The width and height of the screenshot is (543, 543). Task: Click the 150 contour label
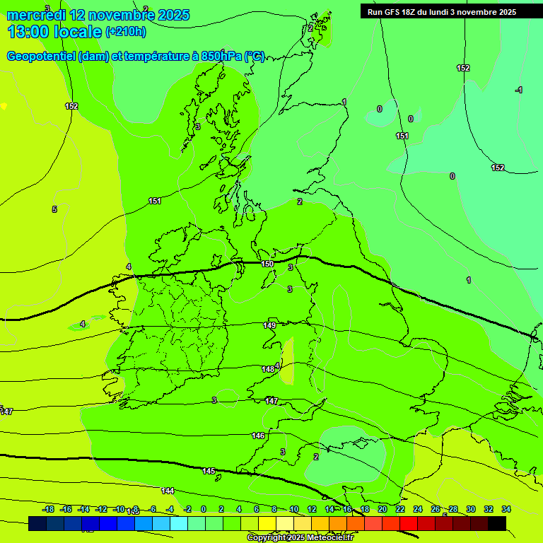(267, 264)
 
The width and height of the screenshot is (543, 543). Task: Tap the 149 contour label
(269, 325)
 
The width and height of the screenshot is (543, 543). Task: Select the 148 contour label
(268, 369)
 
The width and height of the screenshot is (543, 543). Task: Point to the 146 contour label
(258, 436)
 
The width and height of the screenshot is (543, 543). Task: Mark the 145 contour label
(209, 471)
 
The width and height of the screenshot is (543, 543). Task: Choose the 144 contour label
(168, 490)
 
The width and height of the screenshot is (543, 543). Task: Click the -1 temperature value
(519, 90)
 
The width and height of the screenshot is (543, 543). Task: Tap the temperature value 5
(54, 209)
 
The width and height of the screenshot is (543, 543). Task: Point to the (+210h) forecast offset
(126, 32)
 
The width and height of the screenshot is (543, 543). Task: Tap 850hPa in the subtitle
(221, 57)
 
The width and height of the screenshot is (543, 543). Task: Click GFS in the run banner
(393, 12)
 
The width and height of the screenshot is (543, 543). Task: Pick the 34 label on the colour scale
(506, 509)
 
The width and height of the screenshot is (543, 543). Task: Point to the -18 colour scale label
(48, 509)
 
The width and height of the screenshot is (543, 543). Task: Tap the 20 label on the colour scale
(382, 509)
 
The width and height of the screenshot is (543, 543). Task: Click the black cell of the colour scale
(497, 523)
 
